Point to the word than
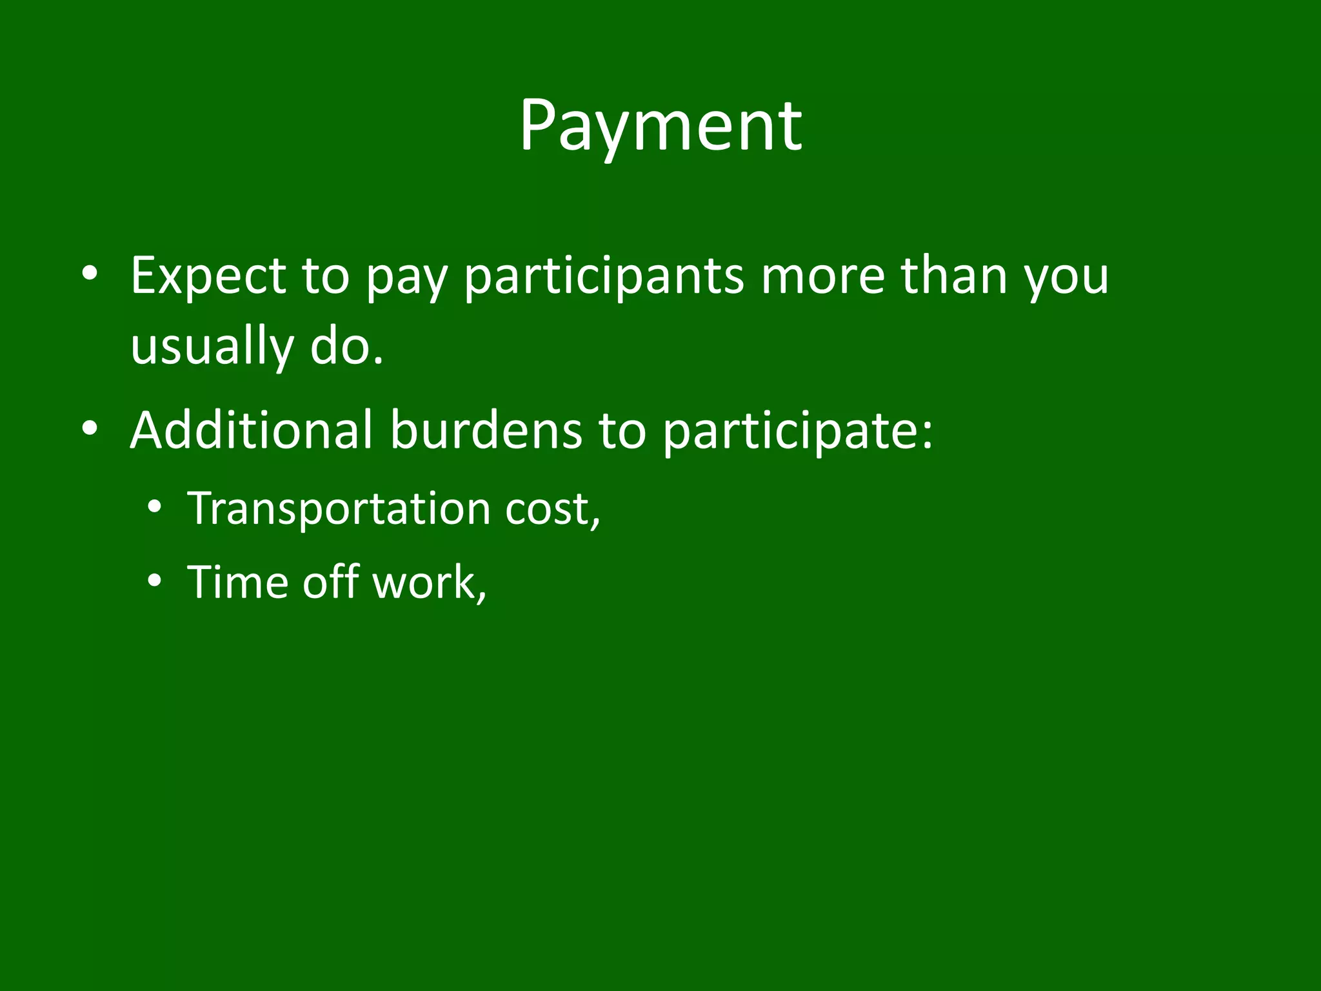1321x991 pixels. pyautogui.click(x=954, y=275)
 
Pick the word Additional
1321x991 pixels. pyautogui.click(x=252, y=430)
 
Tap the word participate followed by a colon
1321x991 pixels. pyautogui.click(x=797, y=431)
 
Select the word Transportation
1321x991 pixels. pyautogui.click(x=339, y=508)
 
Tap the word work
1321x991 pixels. pyautogui.click(x=428, y=582)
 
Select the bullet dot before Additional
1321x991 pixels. pyautogui.click(x=90, y=430)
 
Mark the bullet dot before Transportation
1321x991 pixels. pyautogui.click(x=154, y=508)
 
